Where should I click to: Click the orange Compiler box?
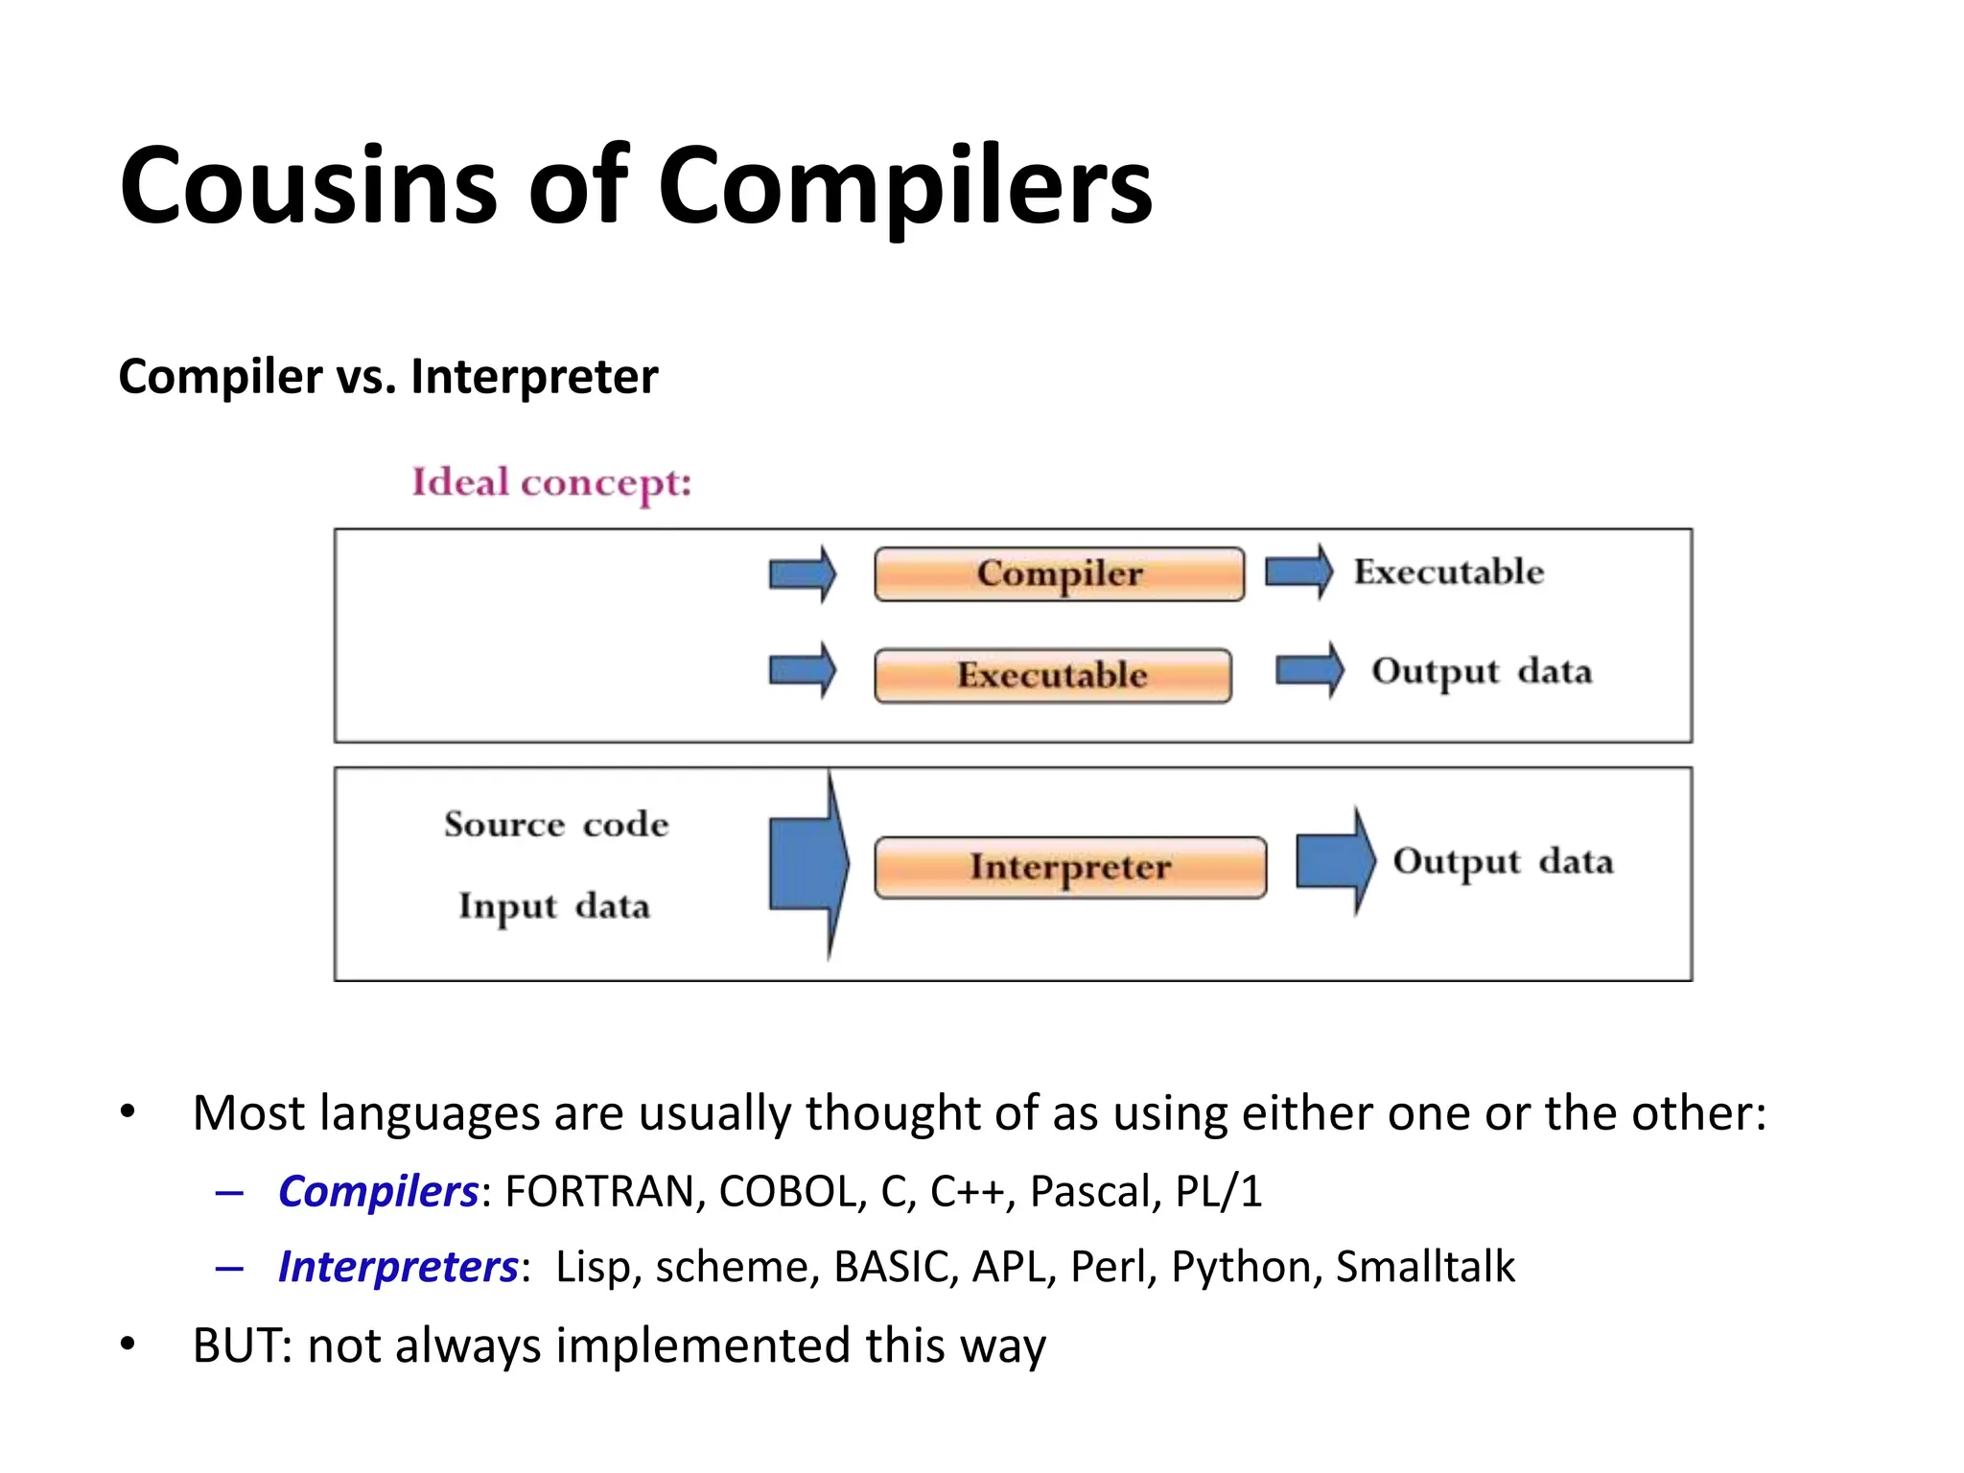point(1059,574)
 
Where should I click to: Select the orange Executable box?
point(1052,675)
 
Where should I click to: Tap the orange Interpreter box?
point(1069,867)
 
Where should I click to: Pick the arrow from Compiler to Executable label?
point(1298,573)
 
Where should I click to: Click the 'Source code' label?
point(556,825)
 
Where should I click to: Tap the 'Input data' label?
point(554,906)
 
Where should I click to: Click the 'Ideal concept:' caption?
point(551,482)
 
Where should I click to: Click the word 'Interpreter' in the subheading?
point(534,376)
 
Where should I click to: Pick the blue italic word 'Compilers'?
point(378,1191)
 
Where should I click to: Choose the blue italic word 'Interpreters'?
point(398,1267)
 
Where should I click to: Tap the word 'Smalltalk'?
point(1425,1267)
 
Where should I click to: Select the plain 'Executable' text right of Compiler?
point(1448,573)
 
